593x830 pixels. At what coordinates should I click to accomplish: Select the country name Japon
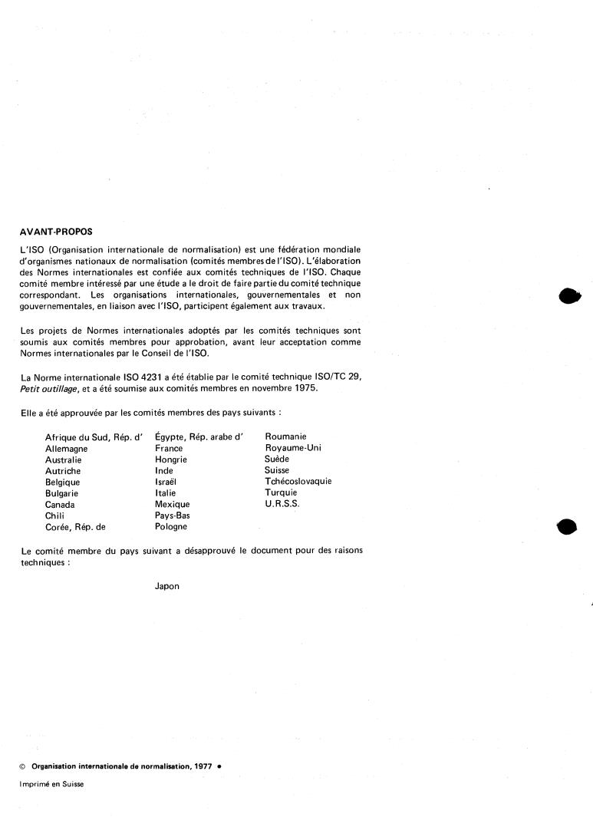(166, 586)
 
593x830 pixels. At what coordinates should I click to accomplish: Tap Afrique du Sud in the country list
(77, 437)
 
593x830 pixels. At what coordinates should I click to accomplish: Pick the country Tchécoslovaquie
(298, 482)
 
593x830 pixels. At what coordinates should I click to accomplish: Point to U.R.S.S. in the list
(282, 504)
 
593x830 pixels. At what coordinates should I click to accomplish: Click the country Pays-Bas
(172, 515)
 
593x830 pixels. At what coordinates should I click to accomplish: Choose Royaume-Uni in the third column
(292, 448)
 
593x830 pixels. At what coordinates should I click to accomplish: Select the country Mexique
(172, 504)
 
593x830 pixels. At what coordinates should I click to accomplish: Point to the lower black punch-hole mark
(566, 528)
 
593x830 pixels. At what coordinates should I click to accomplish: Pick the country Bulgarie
(62, 493)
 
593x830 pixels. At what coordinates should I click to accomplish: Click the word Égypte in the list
(171, 437)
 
